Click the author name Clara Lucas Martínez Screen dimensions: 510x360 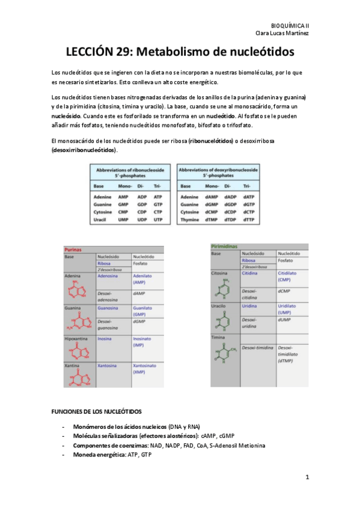pos(282,34)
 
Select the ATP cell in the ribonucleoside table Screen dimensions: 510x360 pos(158,197)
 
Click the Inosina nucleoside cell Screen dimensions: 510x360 pos(106,339)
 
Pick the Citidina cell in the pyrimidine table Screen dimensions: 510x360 pos(250,273)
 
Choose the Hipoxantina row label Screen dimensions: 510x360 pos(78,339)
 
